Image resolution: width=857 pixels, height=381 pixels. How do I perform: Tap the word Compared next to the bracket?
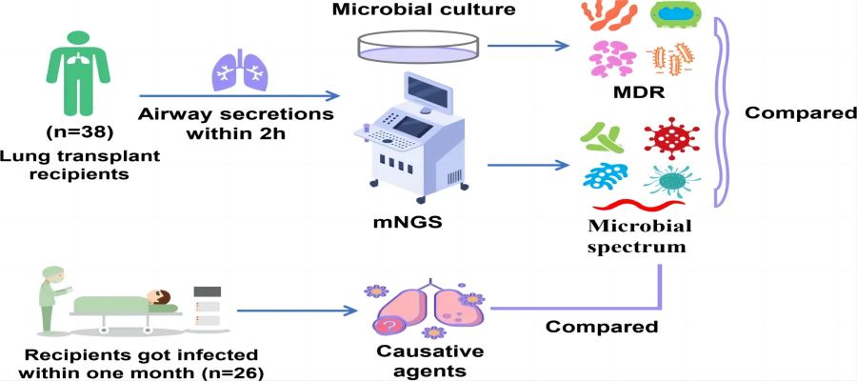click(x=801, y=112)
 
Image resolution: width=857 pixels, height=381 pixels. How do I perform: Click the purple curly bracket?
click(x=723, y=114)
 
